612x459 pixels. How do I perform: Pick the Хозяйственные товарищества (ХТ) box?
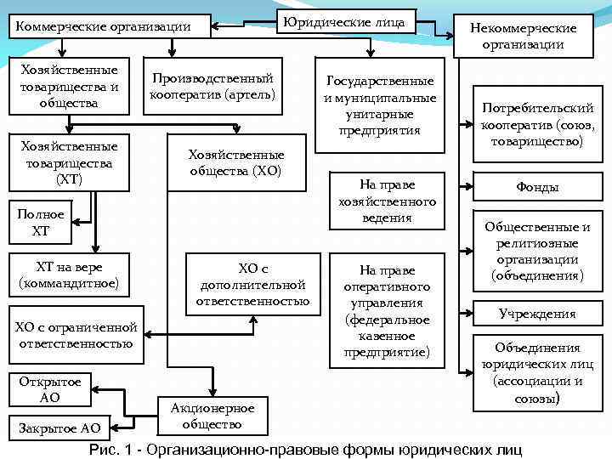[x=69, y=161]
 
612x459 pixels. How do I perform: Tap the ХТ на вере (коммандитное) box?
[x=69, y=274]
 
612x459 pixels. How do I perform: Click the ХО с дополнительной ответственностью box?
[x=252, y=283]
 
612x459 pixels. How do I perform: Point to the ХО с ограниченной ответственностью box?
[x=76, y=335]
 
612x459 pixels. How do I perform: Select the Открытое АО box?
[x=50, y=388]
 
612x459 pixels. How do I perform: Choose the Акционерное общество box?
[x=207, y=416]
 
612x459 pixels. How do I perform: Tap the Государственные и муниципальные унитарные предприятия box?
[x=380, y=105]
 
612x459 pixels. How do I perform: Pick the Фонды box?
[x=537, y=187]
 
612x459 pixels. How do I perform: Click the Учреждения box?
[x=537, y=314]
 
